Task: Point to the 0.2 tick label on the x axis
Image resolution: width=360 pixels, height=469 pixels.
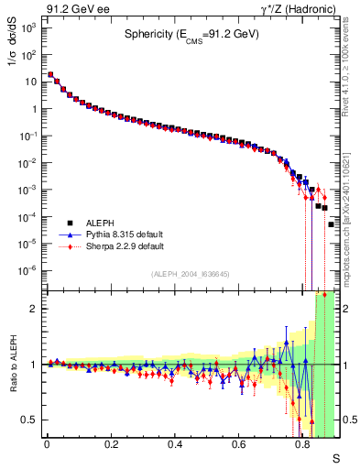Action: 112,443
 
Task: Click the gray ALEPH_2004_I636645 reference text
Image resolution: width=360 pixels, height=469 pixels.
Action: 190,274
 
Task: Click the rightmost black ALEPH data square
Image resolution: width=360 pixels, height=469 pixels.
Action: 332,224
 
